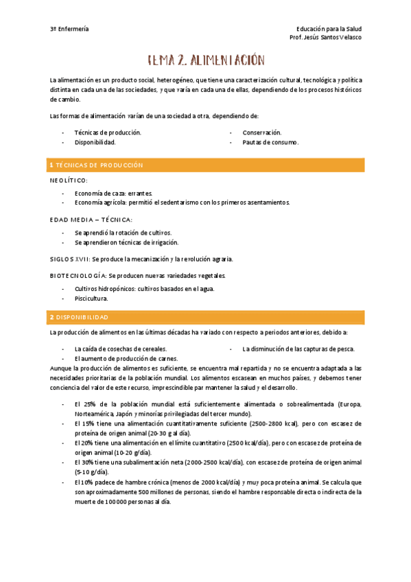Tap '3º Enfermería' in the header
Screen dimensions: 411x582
pos(69,29)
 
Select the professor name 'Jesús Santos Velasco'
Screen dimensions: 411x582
pos(337,38)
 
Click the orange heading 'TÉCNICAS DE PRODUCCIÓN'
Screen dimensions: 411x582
pos(99,165)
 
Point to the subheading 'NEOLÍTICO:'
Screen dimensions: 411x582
pos(69,180)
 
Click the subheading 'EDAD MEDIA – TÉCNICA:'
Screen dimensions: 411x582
pos(91,220)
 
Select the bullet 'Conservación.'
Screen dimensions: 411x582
pos(261,132)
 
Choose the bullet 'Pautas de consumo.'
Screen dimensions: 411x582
pos(270,142)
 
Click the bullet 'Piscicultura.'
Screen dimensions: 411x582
pos(91,299)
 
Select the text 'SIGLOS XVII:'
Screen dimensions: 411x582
pos(70,259)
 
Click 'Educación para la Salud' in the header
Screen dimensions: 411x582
pos(329,29)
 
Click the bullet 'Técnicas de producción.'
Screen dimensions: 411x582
pos(108,132)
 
